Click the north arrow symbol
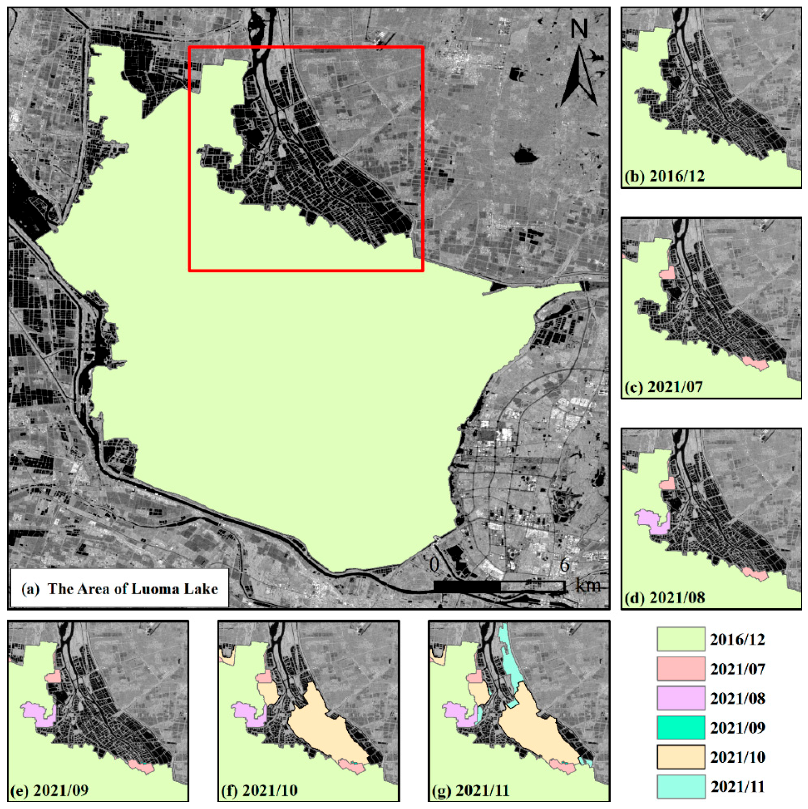point(579,78)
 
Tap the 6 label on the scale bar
point(564,566)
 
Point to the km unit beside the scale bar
point(588,585)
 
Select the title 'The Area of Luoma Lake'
point(132,589)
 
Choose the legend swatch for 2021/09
point(681,727)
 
